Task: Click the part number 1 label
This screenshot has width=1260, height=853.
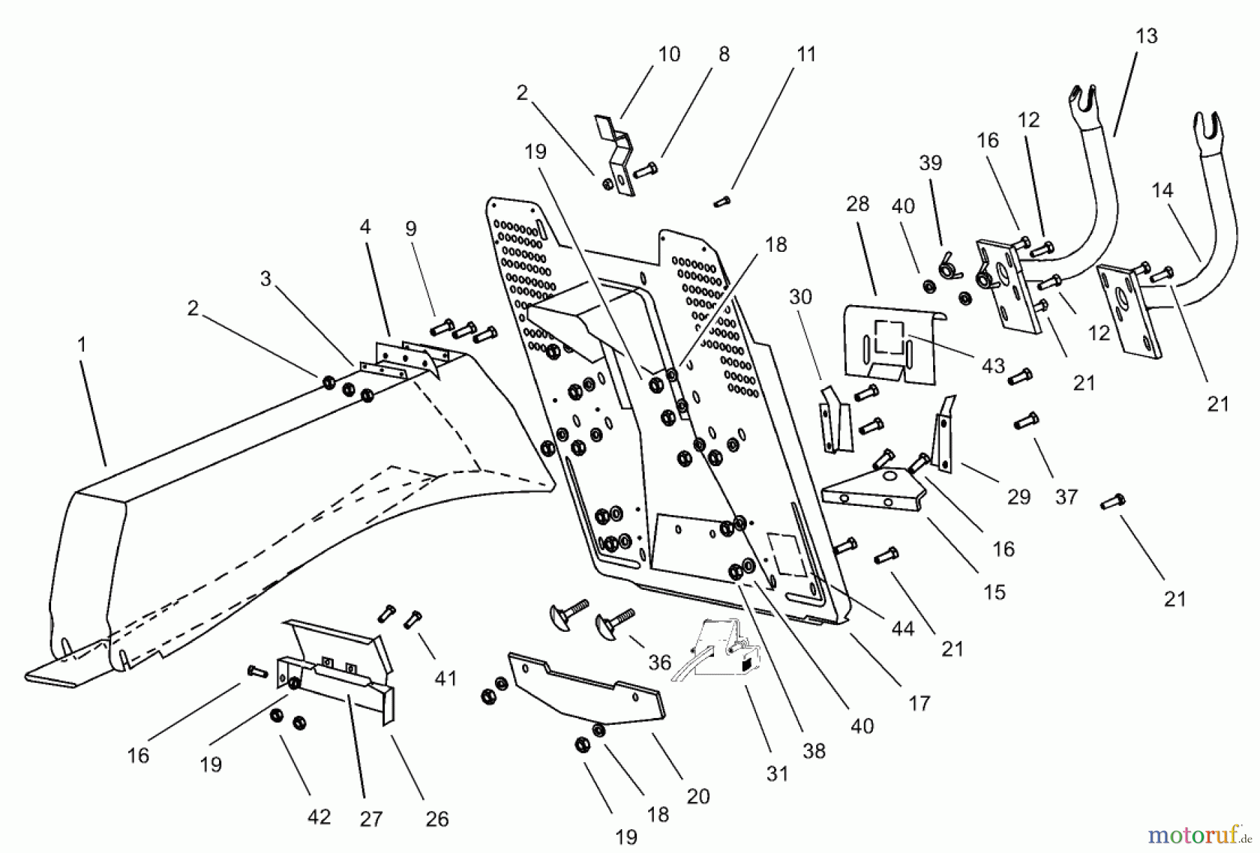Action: point(82,345)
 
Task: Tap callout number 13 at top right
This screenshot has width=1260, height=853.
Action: point(1147,36)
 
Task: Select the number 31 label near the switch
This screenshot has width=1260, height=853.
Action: point(777,773)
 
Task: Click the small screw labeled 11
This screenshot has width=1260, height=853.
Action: point(722,202)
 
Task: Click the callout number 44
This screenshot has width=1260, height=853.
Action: point(902,628)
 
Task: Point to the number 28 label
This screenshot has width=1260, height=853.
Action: point(857,204)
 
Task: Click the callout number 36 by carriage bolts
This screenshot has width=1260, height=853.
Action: point(659,662)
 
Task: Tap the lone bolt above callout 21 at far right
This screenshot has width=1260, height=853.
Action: point(1112,501)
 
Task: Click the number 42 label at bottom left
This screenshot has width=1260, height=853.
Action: point(319,817)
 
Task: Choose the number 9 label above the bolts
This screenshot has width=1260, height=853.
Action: point(411,228)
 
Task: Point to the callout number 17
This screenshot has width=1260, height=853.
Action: point(919,703)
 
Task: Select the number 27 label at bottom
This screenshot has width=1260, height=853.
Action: point(371,818)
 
